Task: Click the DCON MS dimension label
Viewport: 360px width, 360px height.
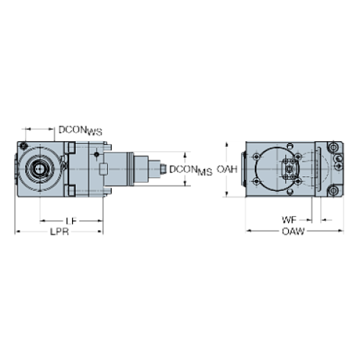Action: [193, 170]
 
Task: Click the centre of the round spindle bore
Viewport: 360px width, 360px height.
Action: [37, 169]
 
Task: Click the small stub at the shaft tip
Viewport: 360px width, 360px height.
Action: [162, 170]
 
